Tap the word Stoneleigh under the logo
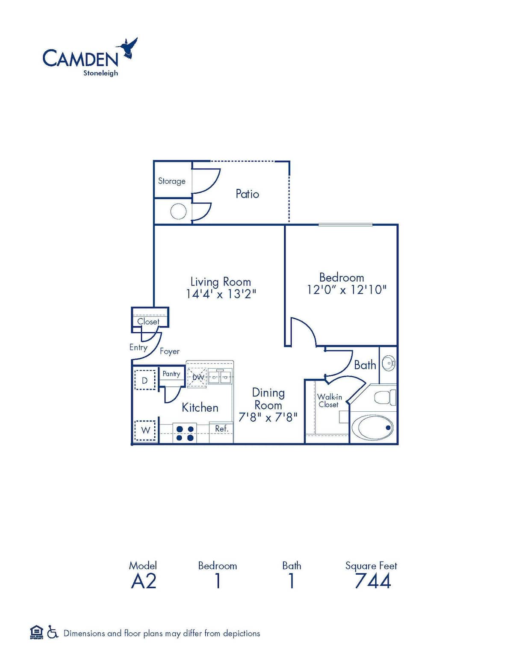[100, 73]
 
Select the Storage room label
[171, 181]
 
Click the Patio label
[247, 194]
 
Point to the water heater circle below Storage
[178, 211]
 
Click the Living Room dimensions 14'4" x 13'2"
[221, 294]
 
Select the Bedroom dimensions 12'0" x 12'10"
[346, 290]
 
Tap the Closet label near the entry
[148, 322]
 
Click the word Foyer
[169, 351]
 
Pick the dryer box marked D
[145, 380]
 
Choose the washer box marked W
[145, 430]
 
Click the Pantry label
[171, 374]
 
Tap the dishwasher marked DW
[197, 377]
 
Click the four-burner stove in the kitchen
[185, 433]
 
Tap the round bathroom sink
[388, 363]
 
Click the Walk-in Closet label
[329, 401]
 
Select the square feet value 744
[373, 581]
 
